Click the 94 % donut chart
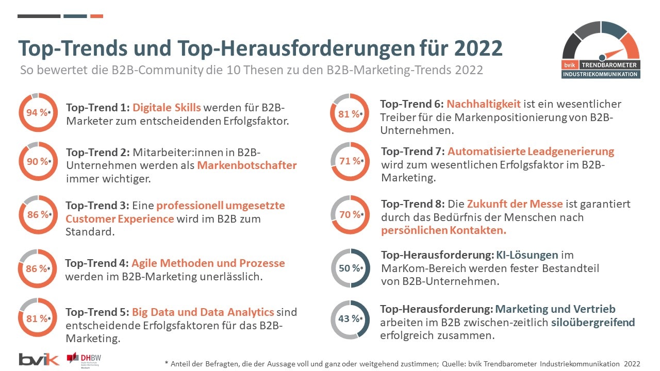click(x=38, y=113)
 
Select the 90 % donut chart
click(x=38, y=161)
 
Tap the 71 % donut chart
click(x=350, y=161)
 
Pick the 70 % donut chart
click(x=351, y=214)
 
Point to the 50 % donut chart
click(x=351, y=268)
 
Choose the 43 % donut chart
click(x=351, y=319)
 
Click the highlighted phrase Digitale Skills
click(x=167, y=108)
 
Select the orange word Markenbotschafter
click(x=247, y=165)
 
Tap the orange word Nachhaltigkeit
click(x=483, y=104)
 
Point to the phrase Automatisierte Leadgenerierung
click(x=531, y=151)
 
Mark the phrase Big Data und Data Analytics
click(x=203, y=312)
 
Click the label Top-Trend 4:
click(x=96, y=263)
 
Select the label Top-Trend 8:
click(x=412, y=204)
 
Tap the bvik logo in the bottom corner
click(x=39, y=359)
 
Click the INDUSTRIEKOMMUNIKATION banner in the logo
click(x=601, y=74)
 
